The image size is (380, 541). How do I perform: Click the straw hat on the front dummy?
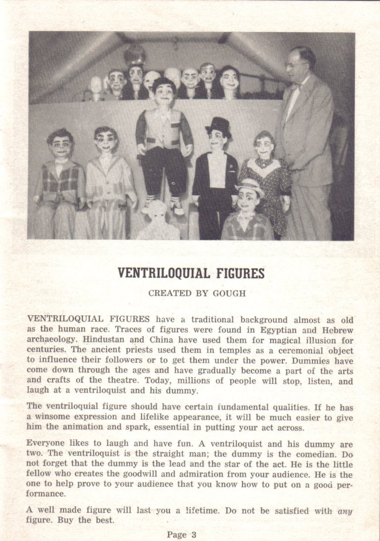click(x=250, y=186)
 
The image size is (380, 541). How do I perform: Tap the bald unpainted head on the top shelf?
click(x=96, y=86)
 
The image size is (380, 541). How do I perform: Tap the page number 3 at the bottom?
click(x=194, y=533)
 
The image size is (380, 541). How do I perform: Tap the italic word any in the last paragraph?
click(x=345, y=511)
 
